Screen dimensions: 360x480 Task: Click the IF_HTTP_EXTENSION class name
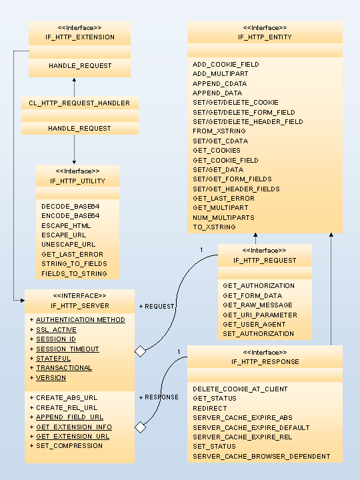click(80, 37)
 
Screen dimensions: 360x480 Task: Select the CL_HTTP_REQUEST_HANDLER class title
click(79, 103)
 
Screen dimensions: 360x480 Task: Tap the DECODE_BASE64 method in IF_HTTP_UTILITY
click(71, 206)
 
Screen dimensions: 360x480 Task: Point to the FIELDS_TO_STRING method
click(74, 273)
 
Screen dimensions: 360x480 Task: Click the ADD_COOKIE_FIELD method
click(225, 64)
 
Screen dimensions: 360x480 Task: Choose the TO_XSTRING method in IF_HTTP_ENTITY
click(214, 227)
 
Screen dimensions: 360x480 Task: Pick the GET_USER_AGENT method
click(254, 324)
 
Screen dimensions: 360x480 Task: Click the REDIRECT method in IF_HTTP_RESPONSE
click(210, 409)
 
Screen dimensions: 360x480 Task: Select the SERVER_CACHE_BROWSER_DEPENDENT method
click(261, 457)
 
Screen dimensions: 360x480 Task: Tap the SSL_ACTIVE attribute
click(56, 330)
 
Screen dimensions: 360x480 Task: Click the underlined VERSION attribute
click(51, 378)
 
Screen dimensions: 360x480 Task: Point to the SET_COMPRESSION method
click(69, 446)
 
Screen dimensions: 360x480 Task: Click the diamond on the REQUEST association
click(141, 351)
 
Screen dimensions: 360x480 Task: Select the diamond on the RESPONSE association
click(141, 427)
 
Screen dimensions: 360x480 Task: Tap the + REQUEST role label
click(157, 307)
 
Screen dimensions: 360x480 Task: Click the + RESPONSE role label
click(159, 397)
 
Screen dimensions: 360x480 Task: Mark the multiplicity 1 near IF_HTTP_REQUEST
click(201, 250)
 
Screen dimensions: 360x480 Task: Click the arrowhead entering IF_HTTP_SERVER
click(23, 301)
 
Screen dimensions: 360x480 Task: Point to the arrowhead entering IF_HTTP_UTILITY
click(74, 162)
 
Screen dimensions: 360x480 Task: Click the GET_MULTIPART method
click(221, 207)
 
